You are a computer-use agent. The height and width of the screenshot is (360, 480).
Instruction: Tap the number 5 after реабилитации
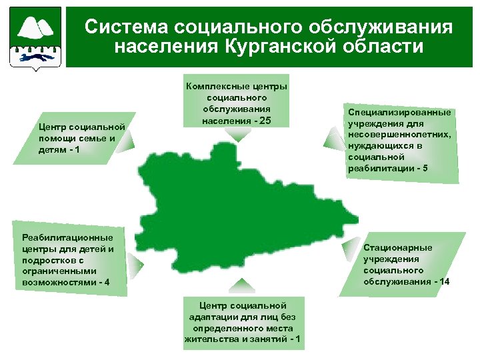tap(425, 169)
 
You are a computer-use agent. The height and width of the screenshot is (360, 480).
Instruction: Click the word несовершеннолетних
tap(399, 135)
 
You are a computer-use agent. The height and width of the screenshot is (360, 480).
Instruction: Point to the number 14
tap(443, 282)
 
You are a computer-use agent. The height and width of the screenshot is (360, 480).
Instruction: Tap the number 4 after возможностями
tap(106, 283)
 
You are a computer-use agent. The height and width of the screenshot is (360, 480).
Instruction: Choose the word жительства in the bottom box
tap(208, 340)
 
